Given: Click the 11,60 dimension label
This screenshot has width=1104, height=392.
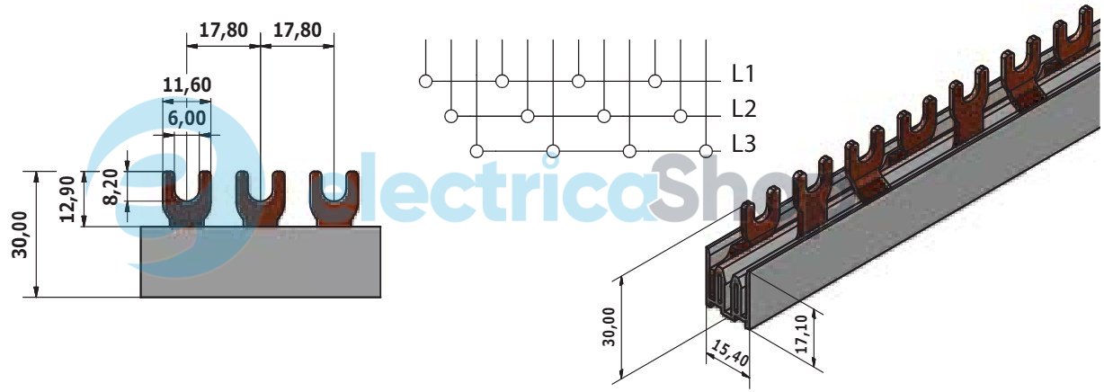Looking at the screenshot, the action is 187,85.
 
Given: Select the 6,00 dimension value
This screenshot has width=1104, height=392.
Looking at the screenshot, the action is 187,119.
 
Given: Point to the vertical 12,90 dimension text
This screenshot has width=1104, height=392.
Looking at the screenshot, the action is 68,199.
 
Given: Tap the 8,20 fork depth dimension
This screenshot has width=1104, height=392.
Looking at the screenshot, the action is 112,186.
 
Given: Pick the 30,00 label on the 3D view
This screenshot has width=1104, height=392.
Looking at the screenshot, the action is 610,327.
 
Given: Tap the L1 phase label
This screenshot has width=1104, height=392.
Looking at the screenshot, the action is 743,74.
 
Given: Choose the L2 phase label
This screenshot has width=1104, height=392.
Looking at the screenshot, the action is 743,109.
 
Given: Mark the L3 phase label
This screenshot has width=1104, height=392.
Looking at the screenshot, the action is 743,144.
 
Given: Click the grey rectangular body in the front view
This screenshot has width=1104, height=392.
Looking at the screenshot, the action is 261,262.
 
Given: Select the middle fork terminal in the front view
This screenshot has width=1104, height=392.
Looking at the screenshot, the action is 261,198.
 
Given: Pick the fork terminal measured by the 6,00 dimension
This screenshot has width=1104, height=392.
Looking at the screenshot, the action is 187,199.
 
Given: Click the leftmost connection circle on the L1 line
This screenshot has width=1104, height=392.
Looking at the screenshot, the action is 426,81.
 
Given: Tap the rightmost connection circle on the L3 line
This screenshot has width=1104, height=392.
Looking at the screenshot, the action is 707,151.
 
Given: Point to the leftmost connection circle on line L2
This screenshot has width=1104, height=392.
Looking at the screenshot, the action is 451,116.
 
